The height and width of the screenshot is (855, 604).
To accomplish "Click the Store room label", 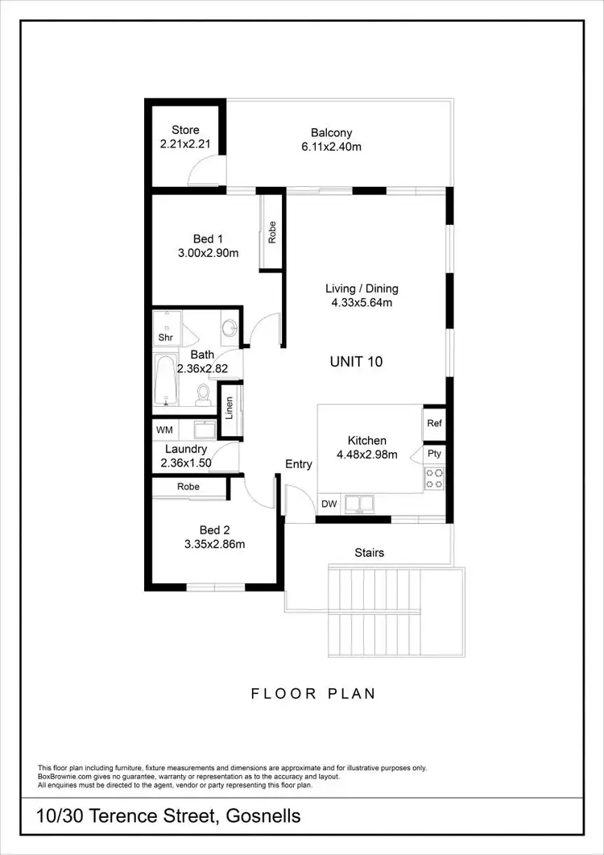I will click(185, 131).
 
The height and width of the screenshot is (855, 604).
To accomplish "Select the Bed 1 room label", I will click(207, 239).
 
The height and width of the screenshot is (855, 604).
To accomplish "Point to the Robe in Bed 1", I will click(272, 232).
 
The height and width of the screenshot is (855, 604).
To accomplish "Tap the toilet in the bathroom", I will click(203, 393).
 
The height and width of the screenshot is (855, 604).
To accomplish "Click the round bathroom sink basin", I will click(230, 328).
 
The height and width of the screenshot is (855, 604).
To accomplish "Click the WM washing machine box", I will click(164, 430).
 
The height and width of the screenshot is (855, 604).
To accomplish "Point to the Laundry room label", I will click(186, 449).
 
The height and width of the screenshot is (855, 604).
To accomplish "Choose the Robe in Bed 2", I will click(188, 487).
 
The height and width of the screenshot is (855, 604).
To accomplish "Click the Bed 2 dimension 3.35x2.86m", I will click(214, 544).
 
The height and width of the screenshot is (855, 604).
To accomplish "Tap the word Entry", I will click(299, 464).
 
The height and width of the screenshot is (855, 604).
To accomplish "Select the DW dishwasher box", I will click(329, 504).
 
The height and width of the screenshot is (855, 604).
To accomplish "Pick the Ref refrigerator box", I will click(434, 423).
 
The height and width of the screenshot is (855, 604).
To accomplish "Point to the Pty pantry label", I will click(434, 454).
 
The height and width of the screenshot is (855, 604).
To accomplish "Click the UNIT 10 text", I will click(356, 361).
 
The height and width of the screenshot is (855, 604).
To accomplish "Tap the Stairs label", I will click(369, 553).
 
